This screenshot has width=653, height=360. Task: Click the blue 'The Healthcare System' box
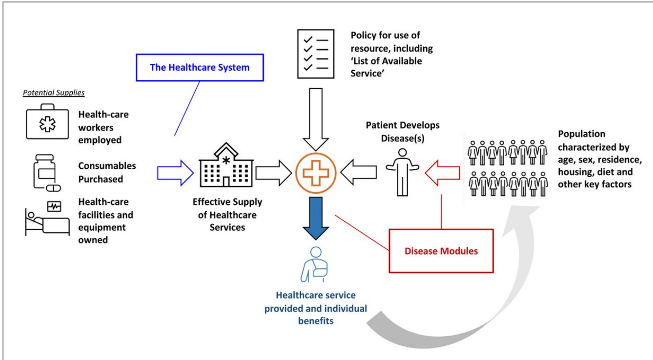[200, 67]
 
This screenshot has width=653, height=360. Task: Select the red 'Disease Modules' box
[441, 251]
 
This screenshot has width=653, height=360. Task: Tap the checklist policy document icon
[316, 54]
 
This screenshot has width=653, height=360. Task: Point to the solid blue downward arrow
[316, 218]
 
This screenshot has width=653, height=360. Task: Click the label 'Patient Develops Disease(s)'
[403, 132]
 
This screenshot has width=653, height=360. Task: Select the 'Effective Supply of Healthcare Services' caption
[227, 214]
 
